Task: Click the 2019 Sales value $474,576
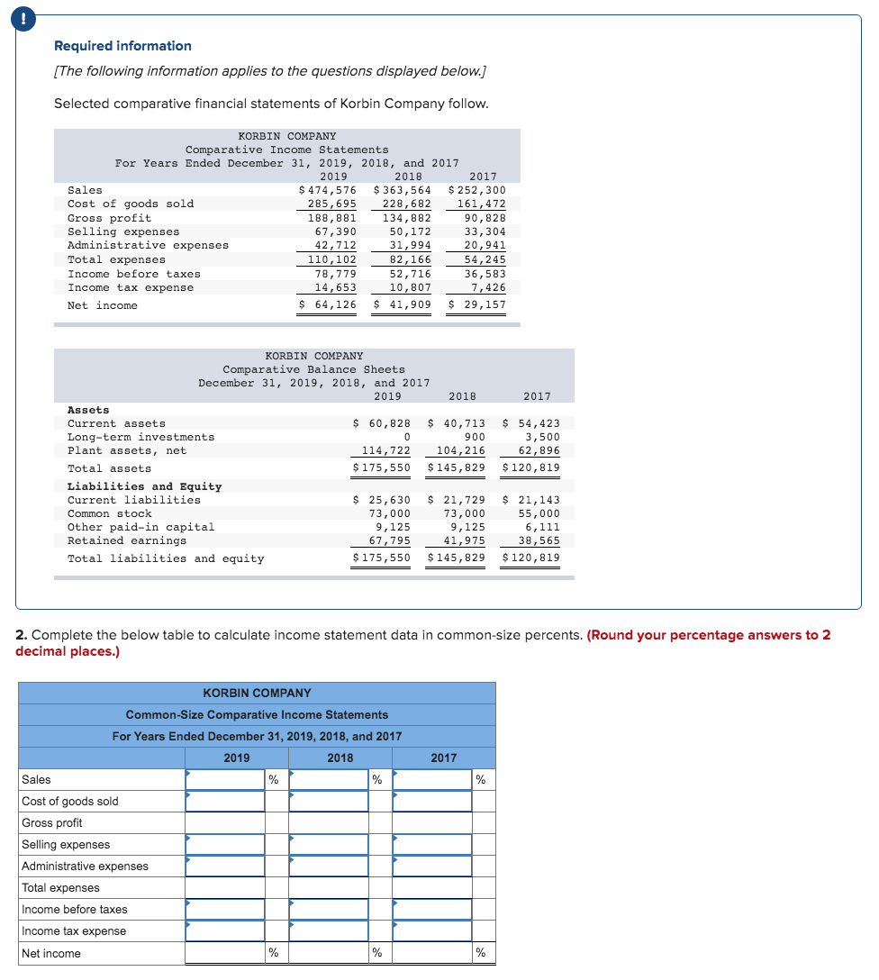328,190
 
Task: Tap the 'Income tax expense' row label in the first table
131,287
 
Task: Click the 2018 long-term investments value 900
474,437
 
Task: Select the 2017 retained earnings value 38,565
539,540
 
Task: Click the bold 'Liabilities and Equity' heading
144,486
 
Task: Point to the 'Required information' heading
122,46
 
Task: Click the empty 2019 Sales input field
225,779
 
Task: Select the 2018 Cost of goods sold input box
329,801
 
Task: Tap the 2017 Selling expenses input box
432,844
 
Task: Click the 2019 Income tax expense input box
225,930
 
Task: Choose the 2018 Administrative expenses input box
329,866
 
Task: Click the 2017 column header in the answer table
443,758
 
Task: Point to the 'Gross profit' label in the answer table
52,822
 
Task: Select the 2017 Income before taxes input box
432,909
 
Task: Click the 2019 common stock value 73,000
390,513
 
